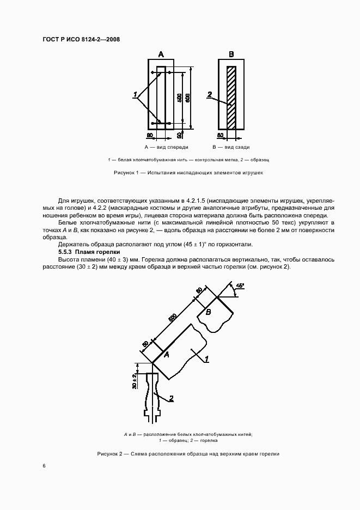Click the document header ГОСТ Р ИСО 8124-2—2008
coord(81,39)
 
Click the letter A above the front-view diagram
coord(161,54)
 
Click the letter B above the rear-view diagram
coord(231,54)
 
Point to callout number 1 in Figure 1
coord(134,95)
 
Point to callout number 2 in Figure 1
coord(210,95)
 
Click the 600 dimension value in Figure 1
coord(188,98)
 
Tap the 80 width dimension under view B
coord(220,134)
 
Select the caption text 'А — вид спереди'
coord(166,147)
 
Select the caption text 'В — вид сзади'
coord(231,147)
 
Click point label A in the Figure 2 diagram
coord(167,355)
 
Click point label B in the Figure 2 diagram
coord(208,312)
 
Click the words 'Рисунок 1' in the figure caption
coord(126,172)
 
